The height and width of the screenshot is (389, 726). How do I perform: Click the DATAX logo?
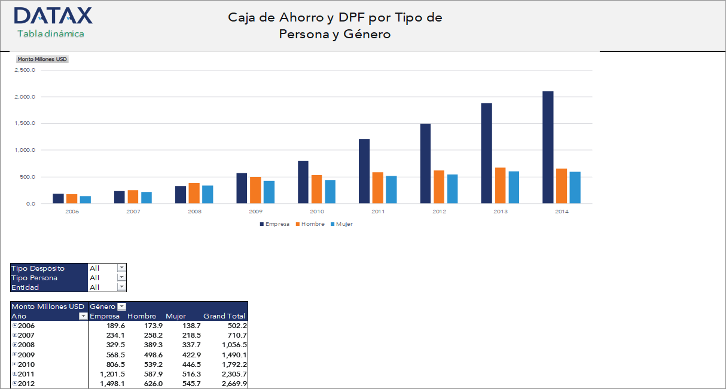point(53,16)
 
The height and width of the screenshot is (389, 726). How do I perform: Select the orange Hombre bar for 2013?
point(500,186)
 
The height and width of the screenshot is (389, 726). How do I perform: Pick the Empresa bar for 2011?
point(364,171)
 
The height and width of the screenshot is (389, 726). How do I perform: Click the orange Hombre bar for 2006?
point(72,199)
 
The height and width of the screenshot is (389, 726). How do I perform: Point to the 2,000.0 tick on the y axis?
point(25,97)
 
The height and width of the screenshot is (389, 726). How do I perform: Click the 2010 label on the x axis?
point(317,212)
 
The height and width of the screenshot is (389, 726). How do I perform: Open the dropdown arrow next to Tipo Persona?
point(121,277)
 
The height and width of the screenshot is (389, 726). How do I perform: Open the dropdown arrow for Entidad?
point(121,287)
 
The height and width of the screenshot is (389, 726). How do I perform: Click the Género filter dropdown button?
point(121,307)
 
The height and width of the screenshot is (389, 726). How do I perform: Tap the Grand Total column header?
point(224,316)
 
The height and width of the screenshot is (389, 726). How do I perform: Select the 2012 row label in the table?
point(26,383)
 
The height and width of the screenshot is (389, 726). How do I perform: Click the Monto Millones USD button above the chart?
point(42,59)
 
